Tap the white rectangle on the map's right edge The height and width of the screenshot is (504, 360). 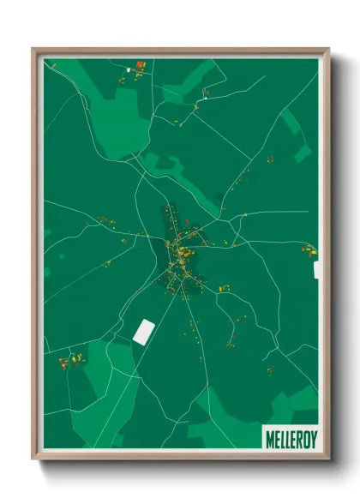(317, 270)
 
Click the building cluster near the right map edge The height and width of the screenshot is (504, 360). (309, 250)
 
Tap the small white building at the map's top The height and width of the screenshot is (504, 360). (129, 68)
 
